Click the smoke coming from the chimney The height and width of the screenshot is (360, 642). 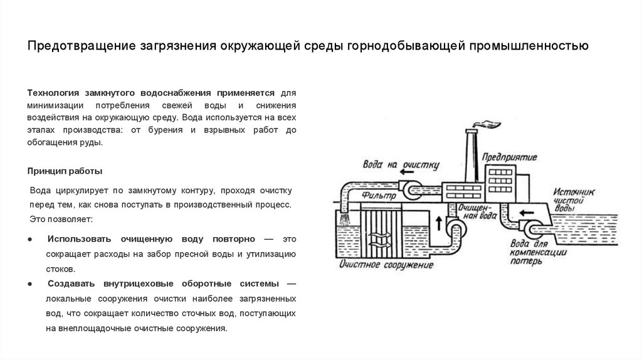click(488, 124)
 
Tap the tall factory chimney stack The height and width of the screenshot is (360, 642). click(472, 156)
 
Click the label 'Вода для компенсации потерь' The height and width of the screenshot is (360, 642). click(537, 253)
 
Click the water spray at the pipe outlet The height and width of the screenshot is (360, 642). click(345, 219)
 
